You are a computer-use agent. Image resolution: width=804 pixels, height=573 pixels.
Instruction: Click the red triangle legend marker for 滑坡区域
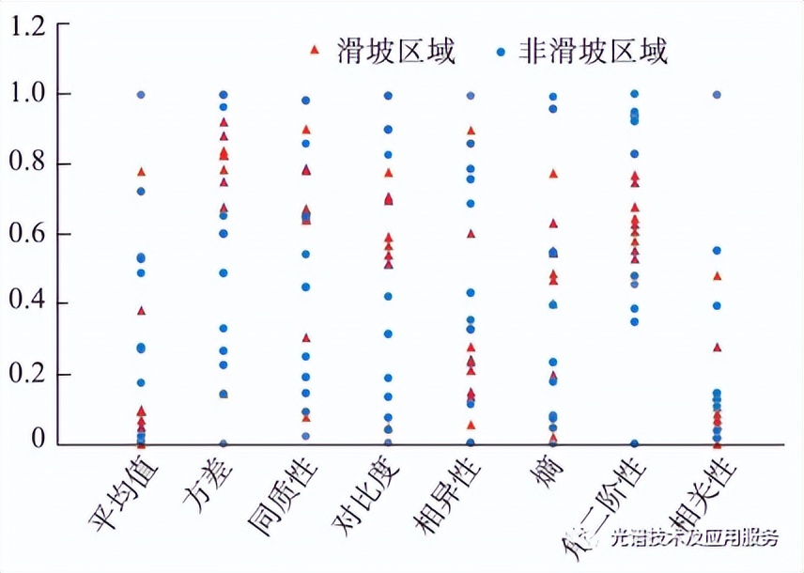click(x=315, y=50)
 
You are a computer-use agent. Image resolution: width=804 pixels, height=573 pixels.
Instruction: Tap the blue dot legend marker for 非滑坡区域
click(x=501, y=50)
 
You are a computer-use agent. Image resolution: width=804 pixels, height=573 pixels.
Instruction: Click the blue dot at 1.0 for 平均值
click(x=141, y=95)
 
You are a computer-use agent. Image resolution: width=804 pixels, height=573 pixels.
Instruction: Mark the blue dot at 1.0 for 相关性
click(x=717, y=95)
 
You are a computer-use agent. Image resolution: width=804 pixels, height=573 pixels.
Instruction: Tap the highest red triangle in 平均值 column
click(x=141, y=172)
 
